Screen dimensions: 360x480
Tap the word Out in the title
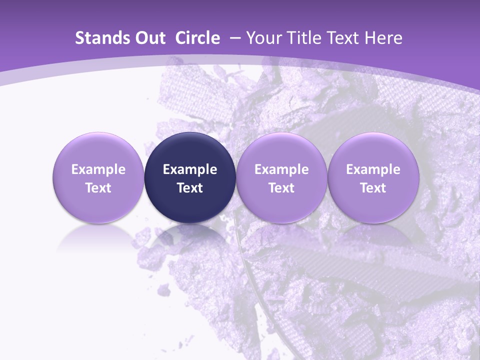click(148, 38)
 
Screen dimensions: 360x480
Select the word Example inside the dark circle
click(190, 169)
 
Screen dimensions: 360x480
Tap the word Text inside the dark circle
click(190, 188)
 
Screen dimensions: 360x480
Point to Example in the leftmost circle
click(98, 169)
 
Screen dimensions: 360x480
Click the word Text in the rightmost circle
click(373, 188)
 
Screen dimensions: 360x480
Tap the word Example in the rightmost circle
click(373, 169)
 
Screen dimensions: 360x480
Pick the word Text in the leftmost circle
click(98, 188)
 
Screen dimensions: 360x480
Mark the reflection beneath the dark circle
click(190, 237)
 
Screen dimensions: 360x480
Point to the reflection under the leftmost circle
click(98, 237)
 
